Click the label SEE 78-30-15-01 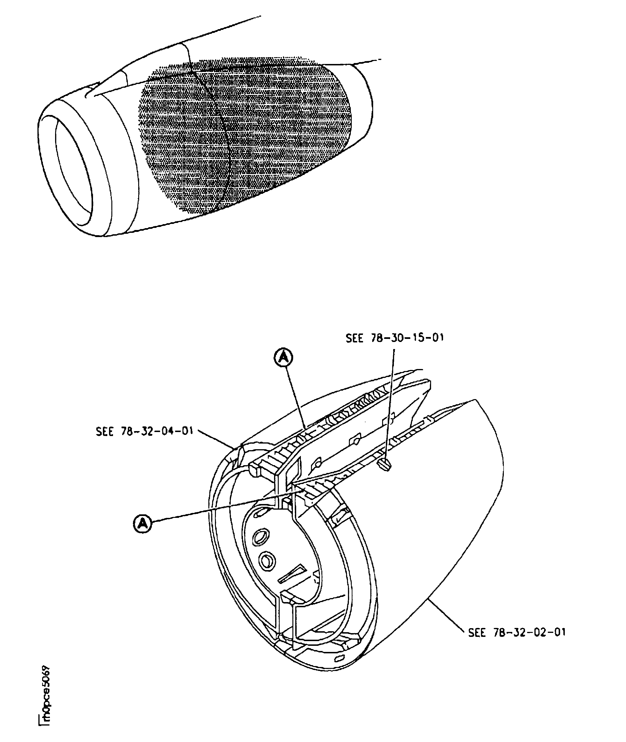point(395,338)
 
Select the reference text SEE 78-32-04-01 point(144,432)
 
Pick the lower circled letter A point(143,523)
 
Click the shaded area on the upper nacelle point(245,136)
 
